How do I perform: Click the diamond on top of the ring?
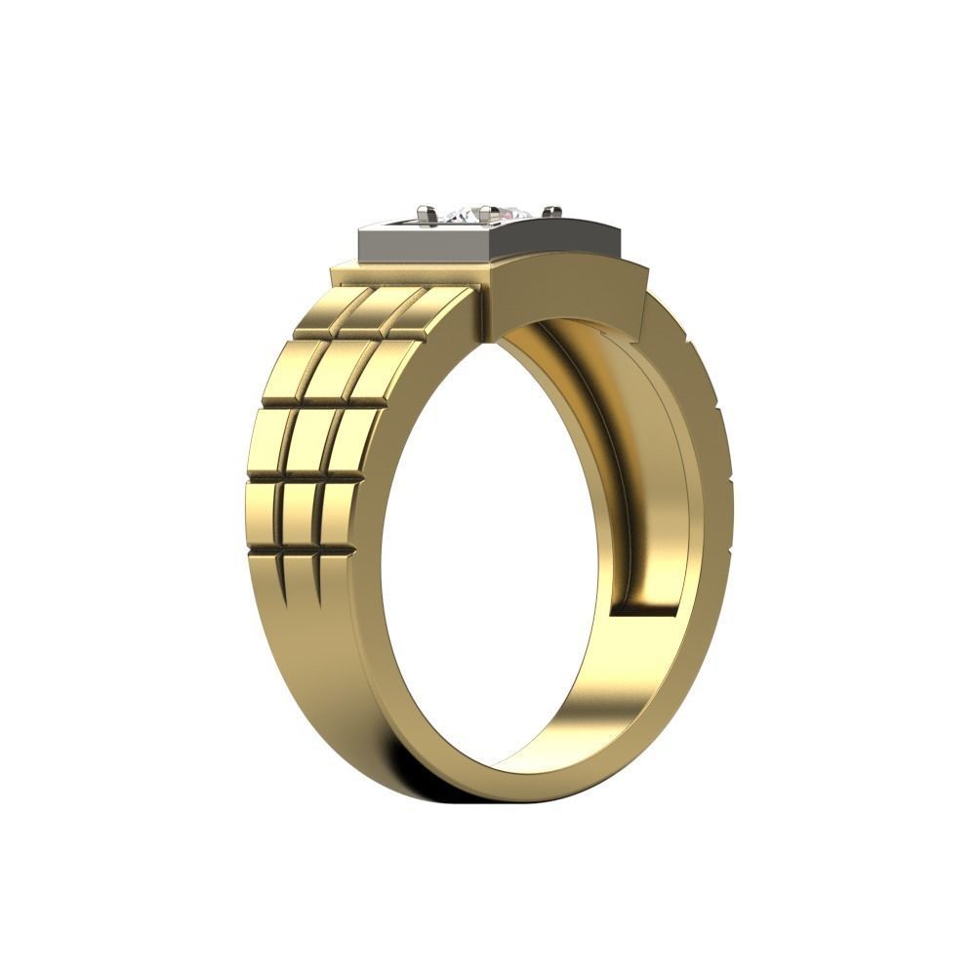click(485, 212)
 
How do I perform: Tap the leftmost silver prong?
click(426, 213)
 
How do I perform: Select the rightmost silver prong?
click(552, 211)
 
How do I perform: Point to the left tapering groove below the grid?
click(283, 576)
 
